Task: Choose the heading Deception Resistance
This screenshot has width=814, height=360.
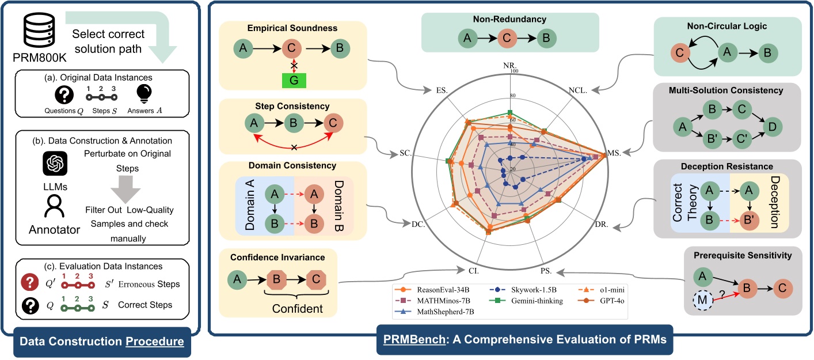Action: (x=723, y=166)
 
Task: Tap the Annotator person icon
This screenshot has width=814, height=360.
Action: (x=55, y=206)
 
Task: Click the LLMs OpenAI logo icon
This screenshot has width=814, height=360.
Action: (x=55, y=165)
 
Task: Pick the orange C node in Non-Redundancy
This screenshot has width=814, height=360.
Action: (x=509, y=39)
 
